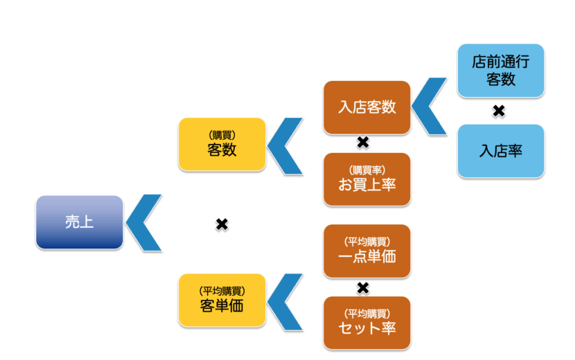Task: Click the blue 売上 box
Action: click(x=79, y=222)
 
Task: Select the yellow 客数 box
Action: click(x=222, y=144)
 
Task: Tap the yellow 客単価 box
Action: click(x=222, y=300)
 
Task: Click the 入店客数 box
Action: click(x=366, y=107)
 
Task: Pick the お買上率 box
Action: click(x=366, y=179)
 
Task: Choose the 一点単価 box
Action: click(x=366, y=251)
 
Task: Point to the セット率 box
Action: click(x=366, y=323)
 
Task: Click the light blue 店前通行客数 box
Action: click(x=500, y=70)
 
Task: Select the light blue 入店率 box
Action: click(x=500, y=151)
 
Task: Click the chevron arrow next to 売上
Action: click(x=142, y=222)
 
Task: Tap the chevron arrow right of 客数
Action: click(x=284, y=145)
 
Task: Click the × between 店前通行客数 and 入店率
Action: click(x=498, y=110)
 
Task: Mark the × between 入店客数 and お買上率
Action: click(x=362, y=143)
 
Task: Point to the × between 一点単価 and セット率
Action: click(x=362, y=287)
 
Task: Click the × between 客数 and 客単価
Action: click(x=222, y=224)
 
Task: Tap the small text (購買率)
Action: click(x=366, y=170)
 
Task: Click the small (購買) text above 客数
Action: click(x=222, y=135)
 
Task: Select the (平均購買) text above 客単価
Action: click(x=222, y=291)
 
